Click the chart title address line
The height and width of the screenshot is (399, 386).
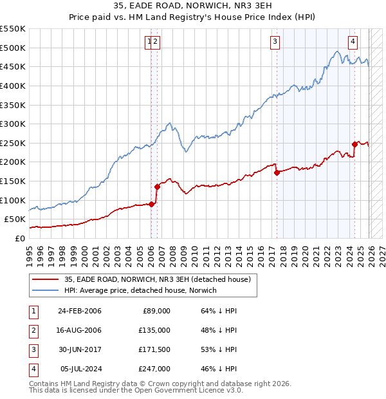click(x=193, y=6)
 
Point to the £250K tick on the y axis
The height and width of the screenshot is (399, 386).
click(x=13, y=143)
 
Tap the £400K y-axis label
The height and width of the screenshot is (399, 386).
click(x=13, y=86)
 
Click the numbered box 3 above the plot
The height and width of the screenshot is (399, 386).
click(x=275, y=42)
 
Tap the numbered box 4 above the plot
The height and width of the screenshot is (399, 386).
click(x=353, y=42)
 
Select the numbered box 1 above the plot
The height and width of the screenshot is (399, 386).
click(x=149, y=42)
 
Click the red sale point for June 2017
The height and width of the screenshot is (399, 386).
click(x=277, y=172)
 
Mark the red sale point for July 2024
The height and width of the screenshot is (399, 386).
click(x=354, y=144)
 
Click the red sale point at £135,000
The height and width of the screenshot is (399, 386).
click(x=157, y=187)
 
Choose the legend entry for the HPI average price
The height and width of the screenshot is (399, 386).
click(x=140, y=290)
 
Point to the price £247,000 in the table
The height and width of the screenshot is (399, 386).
click(x=154, y=369)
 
